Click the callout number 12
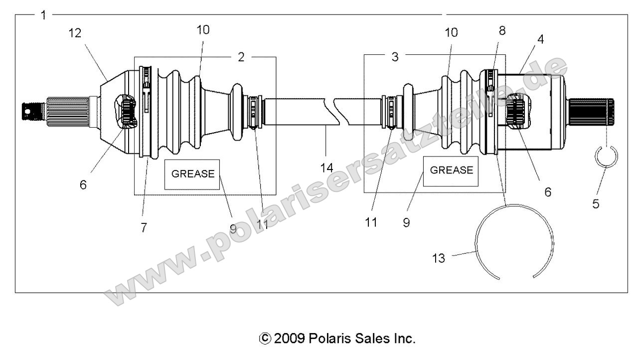[x=75, y=33]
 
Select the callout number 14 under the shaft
[x=326, y=168]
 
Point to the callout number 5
[x=596, y=203]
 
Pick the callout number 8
[x=502, y=30]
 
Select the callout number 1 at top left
[x=43, y=15]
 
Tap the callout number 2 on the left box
[x=241, y=57]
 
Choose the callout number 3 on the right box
[x=395, y=57]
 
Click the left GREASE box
[x=192, y=174]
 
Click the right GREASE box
[x=451, y=171]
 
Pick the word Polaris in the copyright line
[x=329, y=339]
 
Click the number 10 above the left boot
[x=202, y=30]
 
